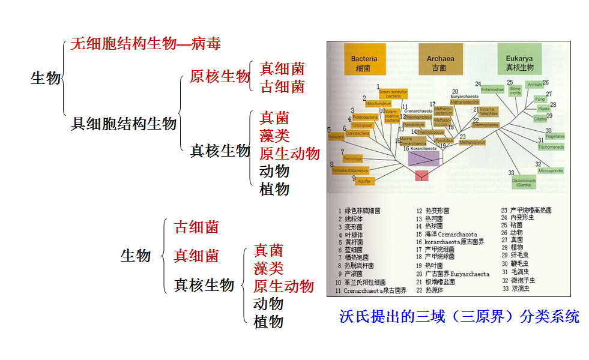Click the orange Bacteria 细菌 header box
point(364,62)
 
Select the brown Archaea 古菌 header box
point(440,62)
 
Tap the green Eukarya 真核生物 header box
point(520,62)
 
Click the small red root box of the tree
point(422,175)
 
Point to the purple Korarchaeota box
point(423,158)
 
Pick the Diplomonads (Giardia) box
point(524,183)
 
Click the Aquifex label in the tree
point(366,181)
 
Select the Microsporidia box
point(551,171)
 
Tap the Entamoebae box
point(492,89)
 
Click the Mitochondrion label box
point(378,104)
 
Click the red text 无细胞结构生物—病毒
point(146,44)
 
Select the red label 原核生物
point(220,77)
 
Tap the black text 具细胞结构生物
point(124,124)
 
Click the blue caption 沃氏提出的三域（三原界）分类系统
point(459,316)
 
